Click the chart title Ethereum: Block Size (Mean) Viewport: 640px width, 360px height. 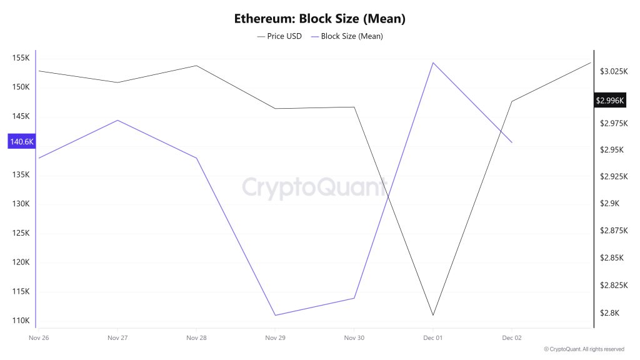point(319,19)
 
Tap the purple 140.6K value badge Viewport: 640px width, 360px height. point(21,142)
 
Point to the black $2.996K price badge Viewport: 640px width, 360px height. point(610,100)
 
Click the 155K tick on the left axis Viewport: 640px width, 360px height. point(21,58)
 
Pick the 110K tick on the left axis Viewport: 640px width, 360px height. point(21,321)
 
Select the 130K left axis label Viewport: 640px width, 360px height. point(21,204)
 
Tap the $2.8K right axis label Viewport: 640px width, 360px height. point(609,313)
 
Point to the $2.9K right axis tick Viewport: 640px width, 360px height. point(609,204)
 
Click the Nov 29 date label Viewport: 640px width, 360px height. point(275,338)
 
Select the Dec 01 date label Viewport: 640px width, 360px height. point(432,338)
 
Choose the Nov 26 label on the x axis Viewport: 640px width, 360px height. point(39,338)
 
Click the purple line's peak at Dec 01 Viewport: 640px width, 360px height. point(433,62)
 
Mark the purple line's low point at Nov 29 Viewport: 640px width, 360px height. point(275,315)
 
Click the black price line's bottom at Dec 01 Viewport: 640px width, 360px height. point(433,315)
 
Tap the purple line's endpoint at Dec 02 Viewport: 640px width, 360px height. point(512,142)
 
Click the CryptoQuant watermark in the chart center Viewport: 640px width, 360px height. point(314,187)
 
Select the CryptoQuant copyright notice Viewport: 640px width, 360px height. point(584,349)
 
